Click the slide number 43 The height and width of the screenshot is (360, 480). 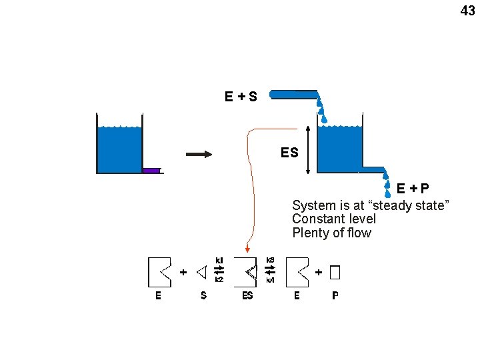(467, 10)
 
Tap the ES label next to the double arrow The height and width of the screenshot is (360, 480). (289, 153)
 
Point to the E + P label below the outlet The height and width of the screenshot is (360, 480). (413, 189)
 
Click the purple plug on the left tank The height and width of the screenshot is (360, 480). (151, 171)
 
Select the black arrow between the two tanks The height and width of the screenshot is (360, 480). (199, 155)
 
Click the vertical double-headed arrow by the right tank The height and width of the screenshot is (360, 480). (308, 149)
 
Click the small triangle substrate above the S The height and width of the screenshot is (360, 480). (202, 272)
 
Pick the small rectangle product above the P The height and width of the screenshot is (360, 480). (335, 272)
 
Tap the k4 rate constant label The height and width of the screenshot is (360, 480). (270, 281)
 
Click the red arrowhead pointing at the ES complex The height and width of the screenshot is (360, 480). (247, 250)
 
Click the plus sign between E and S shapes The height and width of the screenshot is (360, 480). (183, 272)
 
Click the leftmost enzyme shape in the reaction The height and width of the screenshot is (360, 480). (158, 272)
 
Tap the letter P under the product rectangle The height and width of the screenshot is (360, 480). (335, 295)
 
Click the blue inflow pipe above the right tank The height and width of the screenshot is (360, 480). (293, 95)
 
